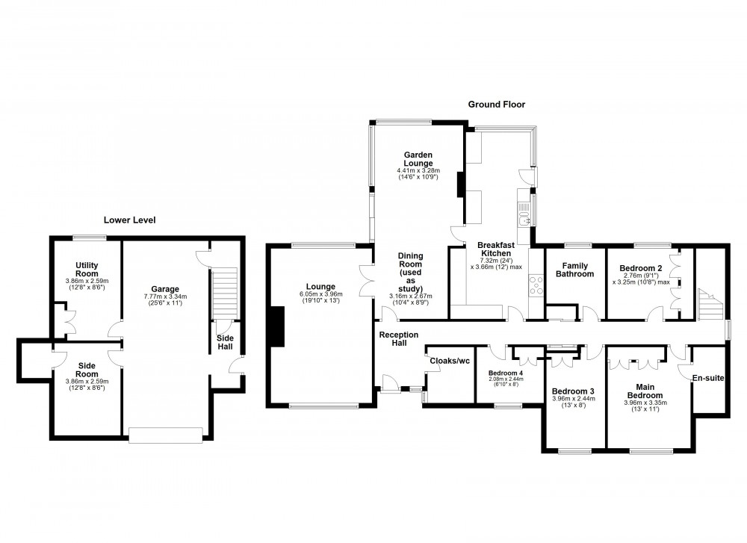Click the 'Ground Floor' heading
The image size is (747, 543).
pos(496,105)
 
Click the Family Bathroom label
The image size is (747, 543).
pos(574,270)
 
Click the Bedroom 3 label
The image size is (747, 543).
pos(573,391)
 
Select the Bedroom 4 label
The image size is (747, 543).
pos(506,373)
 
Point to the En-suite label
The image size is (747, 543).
pos(708,379)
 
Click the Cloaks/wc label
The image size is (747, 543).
pos(450,361)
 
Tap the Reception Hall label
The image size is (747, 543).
pos(398,339)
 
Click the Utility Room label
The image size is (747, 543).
pos(87,270)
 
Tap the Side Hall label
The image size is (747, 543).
pos(225,342)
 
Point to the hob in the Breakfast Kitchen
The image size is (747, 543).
pos(536,285)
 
